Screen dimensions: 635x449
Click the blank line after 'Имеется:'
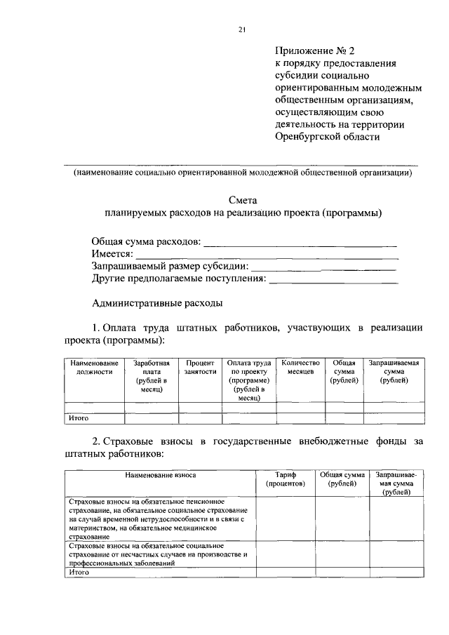coord(266,256)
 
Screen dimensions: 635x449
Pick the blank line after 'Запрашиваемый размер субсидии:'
coord(323,268)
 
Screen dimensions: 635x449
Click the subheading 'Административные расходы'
coord(157,304)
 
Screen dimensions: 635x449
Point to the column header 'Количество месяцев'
coord(300,368)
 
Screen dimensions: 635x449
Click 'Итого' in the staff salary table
coord(78,418)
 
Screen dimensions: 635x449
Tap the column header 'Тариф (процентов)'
coord(286,479)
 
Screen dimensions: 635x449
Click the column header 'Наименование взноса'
coord(161,475)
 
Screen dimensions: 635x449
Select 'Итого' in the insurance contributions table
coord(78,573)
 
